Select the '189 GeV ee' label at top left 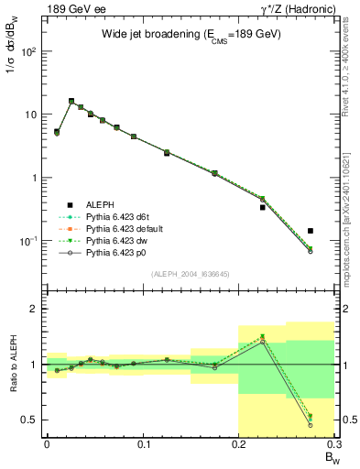click(x=70, y=8)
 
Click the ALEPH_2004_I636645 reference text click(x=191, y=273)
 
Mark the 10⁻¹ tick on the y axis click(x=30, y=241)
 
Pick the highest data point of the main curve click(x=71, y=102)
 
